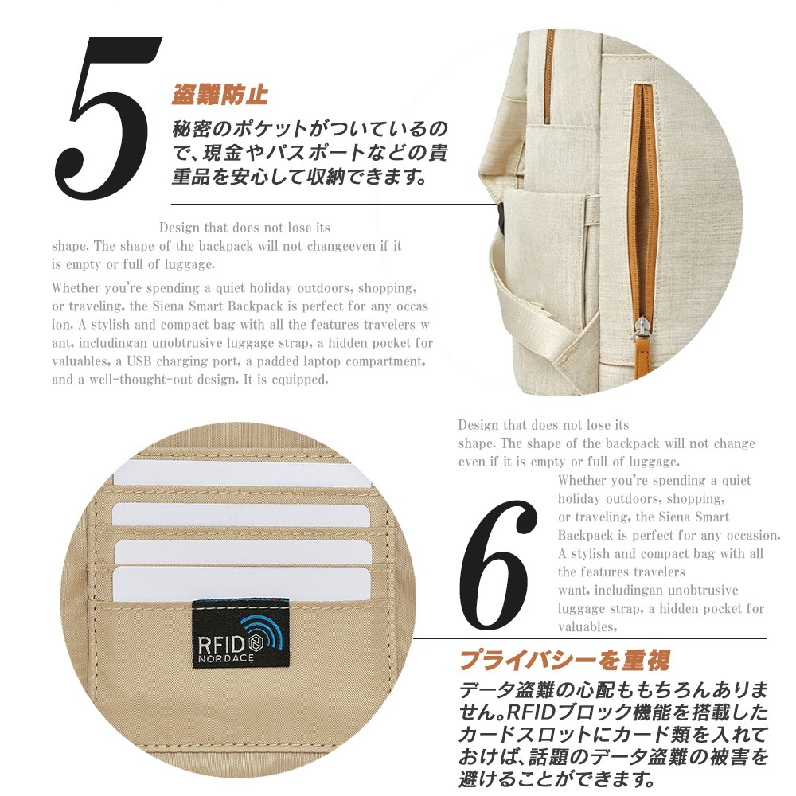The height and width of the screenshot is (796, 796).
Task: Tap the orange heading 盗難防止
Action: (x=220, y=95)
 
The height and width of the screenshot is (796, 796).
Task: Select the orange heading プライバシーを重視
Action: (x=564, y=661)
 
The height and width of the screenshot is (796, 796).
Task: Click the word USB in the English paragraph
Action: (x=139, y=361)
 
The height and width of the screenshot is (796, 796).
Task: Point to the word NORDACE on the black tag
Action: (x=226, y=658)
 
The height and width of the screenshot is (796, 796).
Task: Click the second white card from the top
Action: (x=240, y=514)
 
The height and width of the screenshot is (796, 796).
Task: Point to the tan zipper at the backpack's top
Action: (x=548, y=76)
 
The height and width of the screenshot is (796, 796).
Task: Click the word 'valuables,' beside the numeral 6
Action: (x=587, y=627)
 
